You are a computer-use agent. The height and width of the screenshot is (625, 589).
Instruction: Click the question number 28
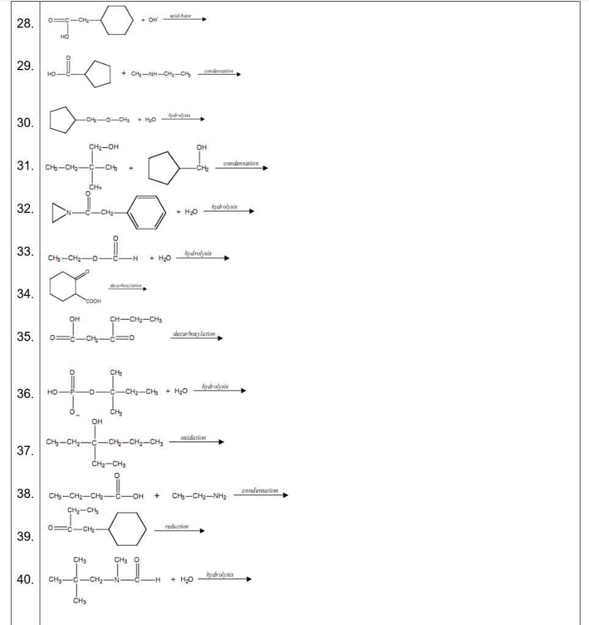(x=25, y=23)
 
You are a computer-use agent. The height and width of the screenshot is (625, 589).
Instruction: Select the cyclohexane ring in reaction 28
(x=117, y=21)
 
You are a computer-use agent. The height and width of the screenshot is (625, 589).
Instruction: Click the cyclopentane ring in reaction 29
(x=98, y=74)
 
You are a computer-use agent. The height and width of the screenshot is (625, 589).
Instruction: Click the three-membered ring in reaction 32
(x=59, y=212)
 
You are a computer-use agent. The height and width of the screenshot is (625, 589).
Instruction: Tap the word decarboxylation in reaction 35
(x=194, y=334)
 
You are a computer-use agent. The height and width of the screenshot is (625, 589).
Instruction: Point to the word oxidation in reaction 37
(x=193, y=438)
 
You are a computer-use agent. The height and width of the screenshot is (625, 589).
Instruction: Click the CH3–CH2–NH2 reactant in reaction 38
(x=200, y=496)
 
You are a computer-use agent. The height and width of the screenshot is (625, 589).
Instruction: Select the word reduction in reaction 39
(x=176, y=526)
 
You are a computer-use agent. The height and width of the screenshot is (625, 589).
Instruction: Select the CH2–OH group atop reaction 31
(x=103, y=146)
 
